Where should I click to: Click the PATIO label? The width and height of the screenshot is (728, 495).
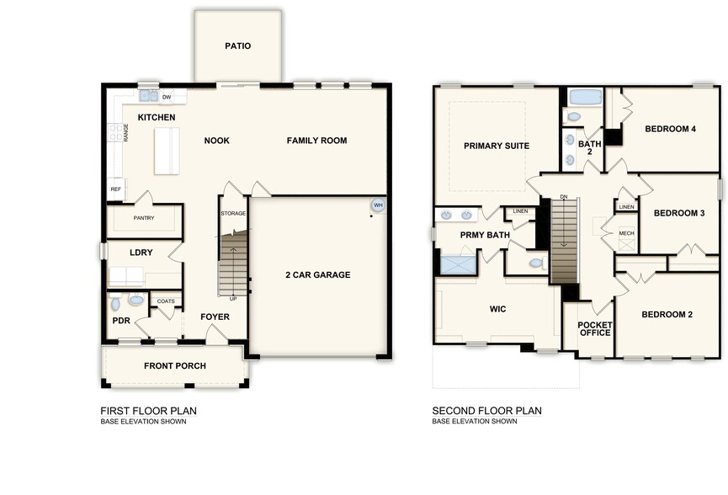coord(237,46)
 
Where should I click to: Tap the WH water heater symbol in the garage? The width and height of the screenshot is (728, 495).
coord(378,205)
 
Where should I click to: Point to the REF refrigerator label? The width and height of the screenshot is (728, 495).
coord(115,189)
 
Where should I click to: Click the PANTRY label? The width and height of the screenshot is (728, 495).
coord(143,218)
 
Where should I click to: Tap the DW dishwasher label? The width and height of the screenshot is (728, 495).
coord(167,97)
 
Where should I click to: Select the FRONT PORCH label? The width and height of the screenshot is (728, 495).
coord(174,366)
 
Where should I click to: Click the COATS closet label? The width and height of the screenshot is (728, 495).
coord(166,301)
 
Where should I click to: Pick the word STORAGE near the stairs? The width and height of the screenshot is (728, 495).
coord(233,214)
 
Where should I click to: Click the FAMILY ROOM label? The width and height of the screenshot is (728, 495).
coord(316,141)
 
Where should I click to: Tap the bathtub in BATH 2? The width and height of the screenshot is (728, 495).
coord(581,96)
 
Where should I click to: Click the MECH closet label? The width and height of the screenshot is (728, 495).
coord(626,233)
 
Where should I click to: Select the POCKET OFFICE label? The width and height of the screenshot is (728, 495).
coord(595,328)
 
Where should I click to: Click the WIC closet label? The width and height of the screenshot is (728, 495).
coord(497,309)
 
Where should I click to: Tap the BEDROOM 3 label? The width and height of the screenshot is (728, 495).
coord(678,213)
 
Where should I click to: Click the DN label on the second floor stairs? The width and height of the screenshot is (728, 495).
coord(564,197)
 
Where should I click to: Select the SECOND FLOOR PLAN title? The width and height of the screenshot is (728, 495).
coord(486,411)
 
